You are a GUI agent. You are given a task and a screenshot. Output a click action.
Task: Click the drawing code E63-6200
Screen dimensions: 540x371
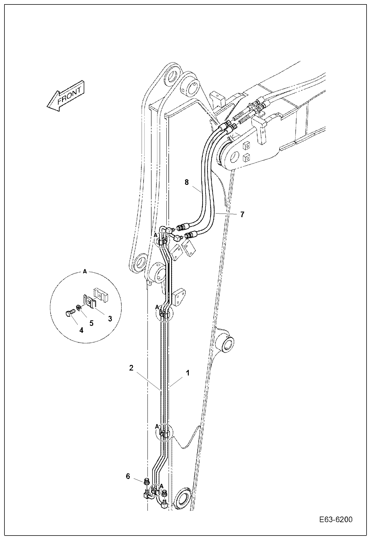point(336,520)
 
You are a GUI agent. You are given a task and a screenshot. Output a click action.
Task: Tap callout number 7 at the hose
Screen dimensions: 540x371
point(242,214)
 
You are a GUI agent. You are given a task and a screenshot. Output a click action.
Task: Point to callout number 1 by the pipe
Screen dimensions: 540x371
point(188,373)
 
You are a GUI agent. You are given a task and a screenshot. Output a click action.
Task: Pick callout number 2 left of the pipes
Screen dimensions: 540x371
point(131,368)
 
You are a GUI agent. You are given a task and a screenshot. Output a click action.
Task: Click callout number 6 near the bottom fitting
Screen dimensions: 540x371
point(128,476)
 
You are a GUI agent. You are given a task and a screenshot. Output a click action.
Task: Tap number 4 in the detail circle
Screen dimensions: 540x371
point(81,330)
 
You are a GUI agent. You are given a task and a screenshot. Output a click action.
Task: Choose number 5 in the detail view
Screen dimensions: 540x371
point(91,323)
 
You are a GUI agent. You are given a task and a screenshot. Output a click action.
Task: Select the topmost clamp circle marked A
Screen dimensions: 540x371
point(161,239)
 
